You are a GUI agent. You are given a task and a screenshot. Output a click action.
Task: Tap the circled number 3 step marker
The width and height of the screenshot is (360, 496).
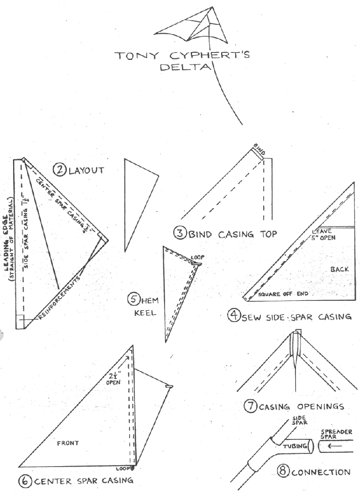180,233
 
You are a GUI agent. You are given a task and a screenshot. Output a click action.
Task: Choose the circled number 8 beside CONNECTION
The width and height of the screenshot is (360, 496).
282,472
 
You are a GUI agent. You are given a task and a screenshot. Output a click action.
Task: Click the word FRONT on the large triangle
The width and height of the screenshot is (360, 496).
68,443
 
